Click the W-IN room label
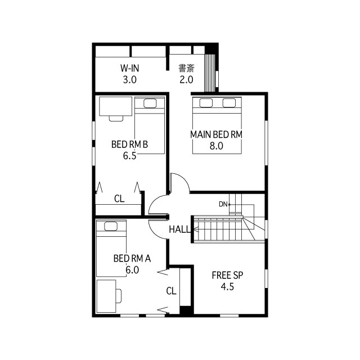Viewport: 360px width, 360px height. (130, 68)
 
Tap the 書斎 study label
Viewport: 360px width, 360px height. (186, 68)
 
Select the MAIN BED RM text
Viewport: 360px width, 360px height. (216, 134)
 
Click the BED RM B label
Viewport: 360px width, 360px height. (129, 145)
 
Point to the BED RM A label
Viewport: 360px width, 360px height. (132, 259)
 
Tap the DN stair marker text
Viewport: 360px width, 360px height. (223, 204)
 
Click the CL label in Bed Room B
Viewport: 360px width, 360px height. (119, 199)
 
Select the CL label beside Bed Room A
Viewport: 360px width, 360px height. (172, 291)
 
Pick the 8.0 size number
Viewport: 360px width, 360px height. (217, 146)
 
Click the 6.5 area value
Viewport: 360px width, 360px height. (130, 156)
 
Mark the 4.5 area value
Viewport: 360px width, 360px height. (227, 286)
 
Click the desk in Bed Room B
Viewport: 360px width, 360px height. (115, 106)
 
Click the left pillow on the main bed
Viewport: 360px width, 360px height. (205, 102)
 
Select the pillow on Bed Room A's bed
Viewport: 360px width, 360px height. (110, 226)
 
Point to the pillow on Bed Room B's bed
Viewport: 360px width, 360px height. (150, 103)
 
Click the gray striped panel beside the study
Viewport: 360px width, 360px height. (210, 73)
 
